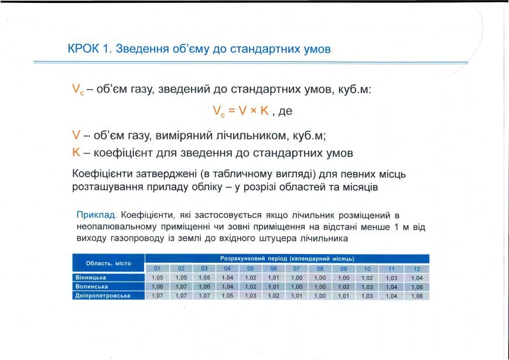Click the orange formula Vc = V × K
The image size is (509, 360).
tap(241, 111)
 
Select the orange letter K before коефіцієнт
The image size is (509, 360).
tap(76, 152)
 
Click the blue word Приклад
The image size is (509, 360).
tap(96, 215)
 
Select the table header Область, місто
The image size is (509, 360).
tap(108, 263)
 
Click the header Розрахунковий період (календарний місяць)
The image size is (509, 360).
tap(287, 259)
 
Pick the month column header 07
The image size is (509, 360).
tap(296, 269)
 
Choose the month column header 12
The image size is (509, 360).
tap(417, 269)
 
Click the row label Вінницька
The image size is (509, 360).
tap(91, 277)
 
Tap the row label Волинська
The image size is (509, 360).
tap(91, 287)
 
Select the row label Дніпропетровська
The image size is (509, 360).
tap(103, 296)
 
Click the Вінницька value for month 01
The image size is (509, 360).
tap(157, 277)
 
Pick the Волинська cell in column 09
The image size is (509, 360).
tap(343, 287)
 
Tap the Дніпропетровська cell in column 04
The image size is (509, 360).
tap(227, 296)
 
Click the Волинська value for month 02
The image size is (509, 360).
tap(181, 287)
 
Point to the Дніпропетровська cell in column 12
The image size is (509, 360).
tap(417, 296)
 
